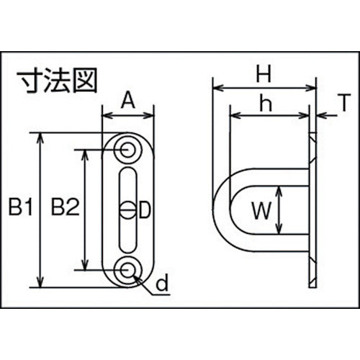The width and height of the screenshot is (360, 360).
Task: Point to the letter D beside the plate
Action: (143, 210)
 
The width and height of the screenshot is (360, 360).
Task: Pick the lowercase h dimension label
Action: (265, 103)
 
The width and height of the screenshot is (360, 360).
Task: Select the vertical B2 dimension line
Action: (86, 210)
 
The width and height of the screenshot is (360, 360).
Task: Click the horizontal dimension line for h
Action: (270, 116)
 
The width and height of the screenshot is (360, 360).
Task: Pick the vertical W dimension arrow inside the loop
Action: (279, 210)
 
